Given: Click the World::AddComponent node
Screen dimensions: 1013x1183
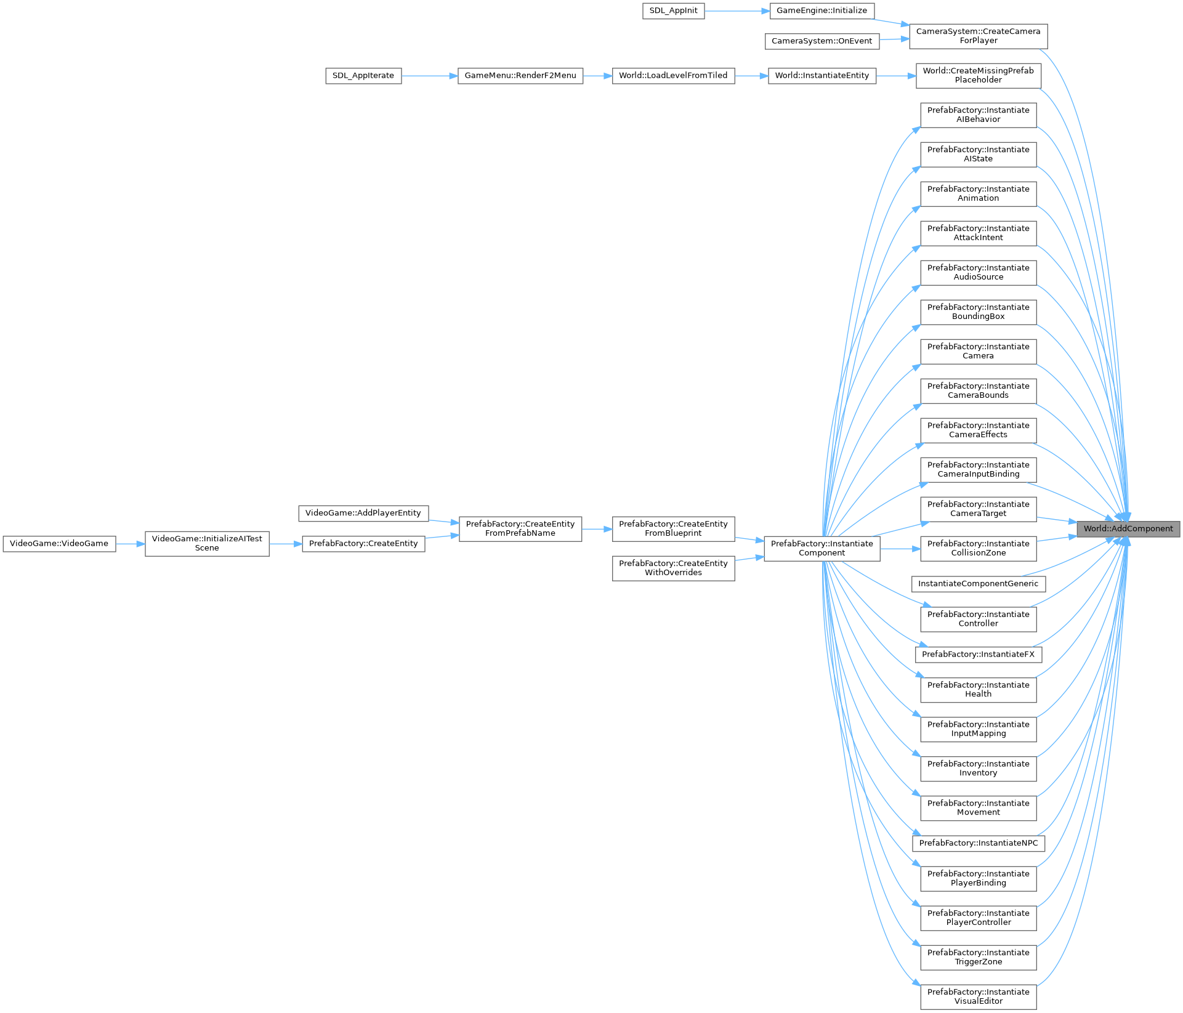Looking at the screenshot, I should (x=1128, y=529).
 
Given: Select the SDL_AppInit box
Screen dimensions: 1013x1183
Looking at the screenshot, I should (x=673, y=11).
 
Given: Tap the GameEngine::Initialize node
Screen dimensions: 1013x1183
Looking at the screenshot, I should (x=822, y=11).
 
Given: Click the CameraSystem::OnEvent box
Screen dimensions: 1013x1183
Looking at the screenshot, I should (x=822, y=41).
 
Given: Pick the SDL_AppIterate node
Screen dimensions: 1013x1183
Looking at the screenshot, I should (x=363, y=76).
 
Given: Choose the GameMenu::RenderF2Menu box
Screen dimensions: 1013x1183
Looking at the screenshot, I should (x=520, y=76).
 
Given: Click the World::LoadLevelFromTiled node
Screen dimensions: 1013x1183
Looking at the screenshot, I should (x=673, y=76).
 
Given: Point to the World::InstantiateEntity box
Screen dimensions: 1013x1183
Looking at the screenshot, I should (x=822, y=76).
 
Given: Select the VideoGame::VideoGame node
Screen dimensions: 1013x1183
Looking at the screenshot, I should (x=59, y=544).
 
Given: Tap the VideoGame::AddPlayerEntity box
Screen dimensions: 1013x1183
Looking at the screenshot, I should (x=363, y=513).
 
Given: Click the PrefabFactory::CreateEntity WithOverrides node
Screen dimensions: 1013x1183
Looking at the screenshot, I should (x=673, y=568).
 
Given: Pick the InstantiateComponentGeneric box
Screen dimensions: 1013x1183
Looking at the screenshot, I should (x=978, y=584).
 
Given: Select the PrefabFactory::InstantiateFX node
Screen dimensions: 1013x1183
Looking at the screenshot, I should (x=978, y=655).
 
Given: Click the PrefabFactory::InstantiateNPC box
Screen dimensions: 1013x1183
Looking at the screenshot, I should (x=978, y=843).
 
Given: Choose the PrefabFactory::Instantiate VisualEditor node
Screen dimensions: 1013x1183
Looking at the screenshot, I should (x=978, y=996).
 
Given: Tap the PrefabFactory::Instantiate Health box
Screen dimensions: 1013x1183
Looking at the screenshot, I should (x=978, y=690).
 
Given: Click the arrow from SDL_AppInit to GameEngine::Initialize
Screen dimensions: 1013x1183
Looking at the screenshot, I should (x=737, y=11).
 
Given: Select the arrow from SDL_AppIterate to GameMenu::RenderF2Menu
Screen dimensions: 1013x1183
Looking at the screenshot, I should (x=429, y=76).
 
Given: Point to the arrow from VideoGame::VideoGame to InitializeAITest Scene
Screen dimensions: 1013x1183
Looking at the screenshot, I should (x=130, y=544).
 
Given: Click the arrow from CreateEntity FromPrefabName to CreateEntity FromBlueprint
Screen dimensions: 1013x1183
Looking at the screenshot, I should (x=597, y=529).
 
